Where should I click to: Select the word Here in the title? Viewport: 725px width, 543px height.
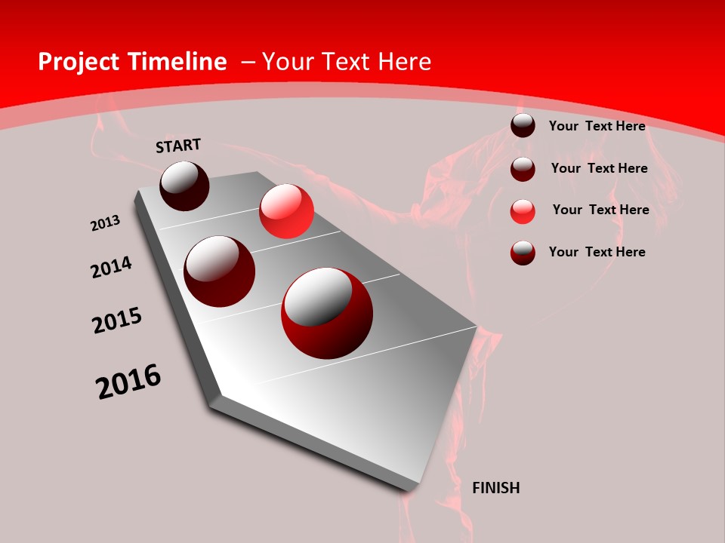[x=406, y=62]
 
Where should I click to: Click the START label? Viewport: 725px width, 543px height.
[x=178, y=146]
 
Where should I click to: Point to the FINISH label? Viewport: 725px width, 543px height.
[x=495, y=488]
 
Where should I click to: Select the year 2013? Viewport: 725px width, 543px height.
[x=106, y=223]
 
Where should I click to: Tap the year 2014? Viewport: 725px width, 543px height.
[x=112, y=267]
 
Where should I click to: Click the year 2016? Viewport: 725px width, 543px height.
[x=128, y=382]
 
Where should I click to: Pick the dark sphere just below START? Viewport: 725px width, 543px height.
[x=184, y=186]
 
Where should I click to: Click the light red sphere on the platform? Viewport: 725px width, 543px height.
[x=286, y=211]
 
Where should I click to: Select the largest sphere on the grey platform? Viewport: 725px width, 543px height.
[x=327, y=314]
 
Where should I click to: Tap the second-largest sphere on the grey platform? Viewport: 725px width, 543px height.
[x=220, y=271]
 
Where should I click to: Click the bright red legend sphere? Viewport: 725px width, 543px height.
[x=523, y=211]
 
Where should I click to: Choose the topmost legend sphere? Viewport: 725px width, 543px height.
[x=523, y=126]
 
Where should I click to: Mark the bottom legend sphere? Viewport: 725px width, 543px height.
[x=523, y=253]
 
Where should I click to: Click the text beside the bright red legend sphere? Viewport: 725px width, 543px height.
[x=600, y=210]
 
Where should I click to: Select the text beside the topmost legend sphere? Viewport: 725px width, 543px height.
[x=597, y=126]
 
